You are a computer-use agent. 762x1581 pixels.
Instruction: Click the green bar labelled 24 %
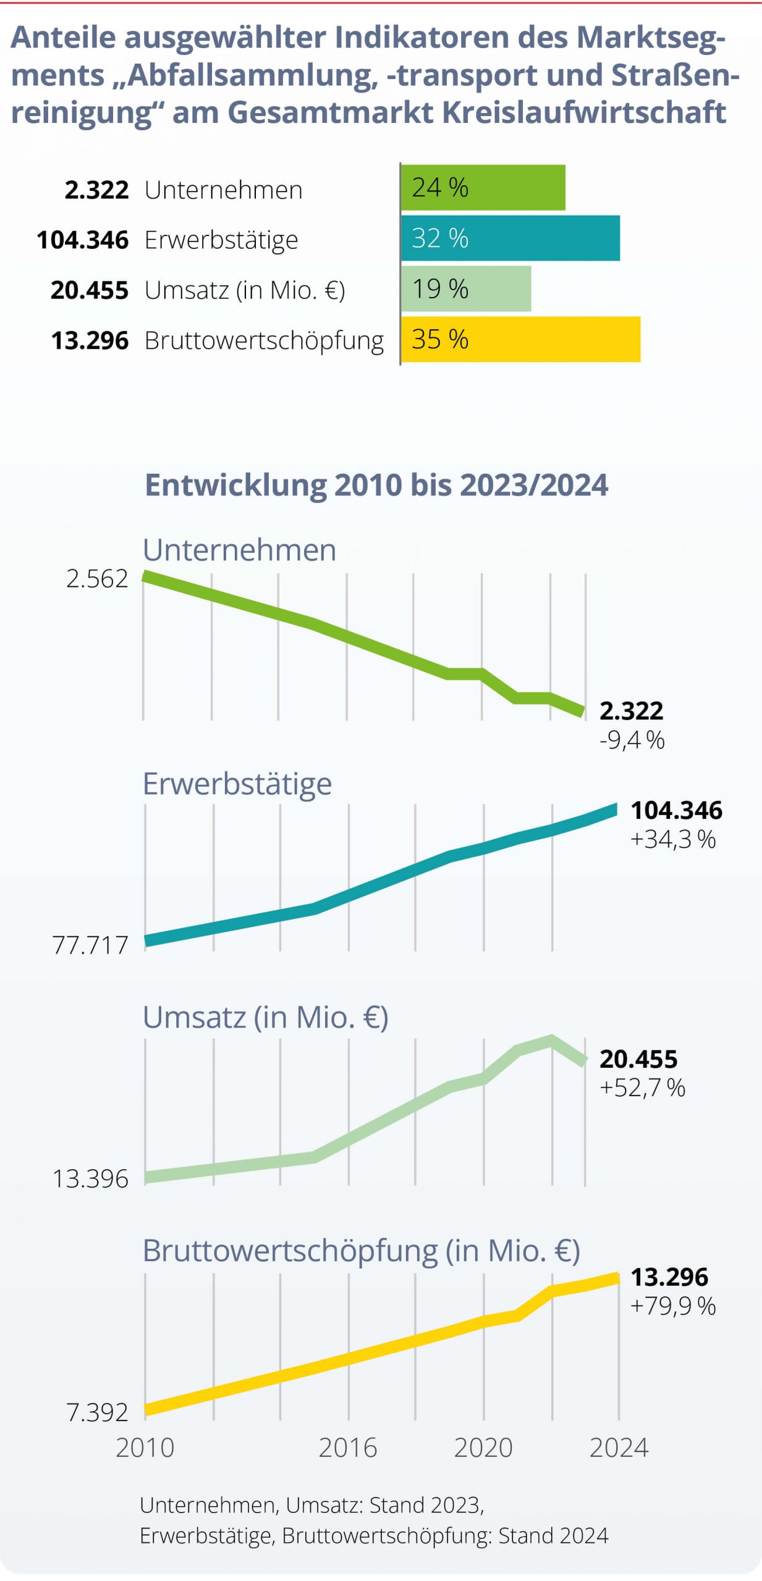tap(483, 187)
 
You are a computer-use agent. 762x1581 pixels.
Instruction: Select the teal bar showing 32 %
tap(510, 238)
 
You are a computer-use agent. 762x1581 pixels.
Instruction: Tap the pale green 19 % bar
tap(466, 289)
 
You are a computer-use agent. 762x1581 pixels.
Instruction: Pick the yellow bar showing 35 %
tap(520, 339)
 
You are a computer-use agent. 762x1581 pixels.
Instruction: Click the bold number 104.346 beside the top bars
tap(83, 240)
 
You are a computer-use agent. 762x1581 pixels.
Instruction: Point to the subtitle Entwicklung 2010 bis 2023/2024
tap(376, 485)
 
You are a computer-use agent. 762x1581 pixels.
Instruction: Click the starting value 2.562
tap(97, 579)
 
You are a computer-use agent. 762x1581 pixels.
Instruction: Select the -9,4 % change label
tap(632, 739)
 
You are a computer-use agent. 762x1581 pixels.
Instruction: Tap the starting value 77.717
tap(90, 945)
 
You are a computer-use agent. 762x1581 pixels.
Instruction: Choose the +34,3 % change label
tap(672, 839)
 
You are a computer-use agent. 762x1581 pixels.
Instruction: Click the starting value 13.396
tap(90, 1179)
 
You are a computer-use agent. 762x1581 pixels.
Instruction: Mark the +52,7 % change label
tap(642, 1088)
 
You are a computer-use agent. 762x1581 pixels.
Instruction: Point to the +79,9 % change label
tap(672, 1306)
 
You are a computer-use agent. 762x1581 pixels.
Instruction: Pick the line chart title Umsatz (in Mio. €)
tap(266, 1017)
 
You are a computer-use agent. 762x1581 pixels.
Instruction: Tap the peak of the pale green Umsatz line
tap(551, 1039)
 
